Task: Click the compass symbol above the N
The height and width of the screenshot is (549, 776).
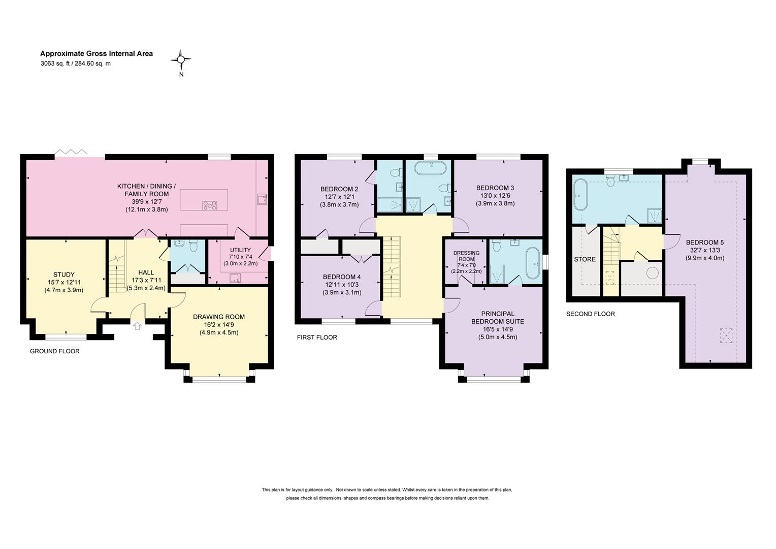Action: tap(181, 59)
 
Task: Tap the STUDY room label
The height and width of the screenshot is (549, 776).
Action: tap(64, 274)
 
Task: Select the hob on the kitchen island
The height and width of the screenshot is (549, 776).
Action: tap(210, 206)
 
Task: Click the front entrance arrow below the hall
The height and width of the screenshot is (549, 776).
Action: tap(138, 326)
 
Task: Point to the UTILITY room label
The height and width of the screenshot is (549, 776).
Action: tap(240, 250)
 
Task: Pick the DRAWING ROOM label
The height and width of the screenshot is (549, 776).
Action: tap(219, 317)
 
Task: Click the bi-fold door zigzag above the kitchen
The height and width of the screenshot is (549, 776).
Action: tap(72, 151)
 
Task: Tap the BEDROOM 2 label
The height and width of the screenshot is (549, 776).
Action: tap(339, 189)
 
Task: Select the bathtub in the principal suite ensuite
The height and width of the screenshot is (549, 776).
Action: tap(533, 263)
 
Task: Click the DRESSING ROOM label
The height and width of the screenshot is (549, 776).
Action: tap(466, 256)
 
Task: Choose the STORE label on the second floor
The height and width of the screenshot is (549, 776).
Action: tap(585, 259)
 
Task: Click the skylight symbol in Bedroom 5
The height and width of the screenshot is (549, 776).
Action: tap(726, 335)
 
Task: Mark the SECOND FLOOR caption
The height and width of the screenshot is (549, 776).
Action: tap(590, 314)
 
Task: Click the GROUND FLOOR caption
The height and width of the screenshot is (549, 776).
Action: tap(55, 351)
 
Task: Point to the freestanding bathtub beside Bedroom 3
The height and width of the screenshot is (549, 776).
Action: tap(431, 168)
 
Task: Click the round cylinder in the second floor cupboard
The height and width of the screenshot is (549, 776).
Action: tap(652, 273)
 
